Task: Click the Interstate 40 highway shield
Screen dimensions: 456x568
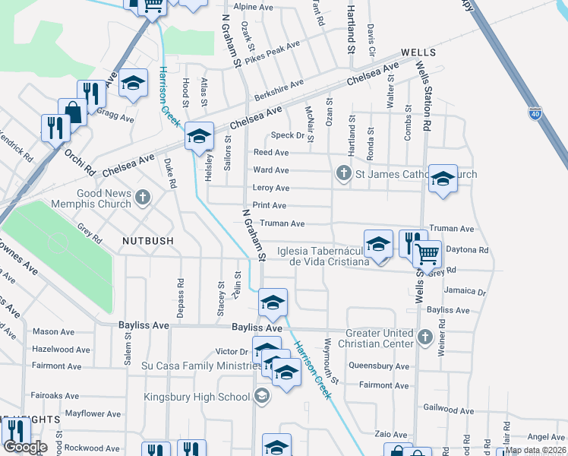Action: click(536, 113)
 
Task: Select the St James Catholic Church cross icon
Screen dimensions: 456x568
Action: click(343, 174)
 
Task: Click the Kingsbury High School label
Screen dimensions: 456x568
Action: click(197, 396)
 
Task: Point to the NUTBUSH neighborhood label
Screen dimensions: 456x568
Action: click(147, 240)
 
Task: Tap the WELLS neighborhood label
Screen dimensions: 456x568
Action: click(418, 52)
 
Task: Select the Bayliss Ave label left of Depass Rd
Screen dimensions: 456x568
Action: click(143, 325)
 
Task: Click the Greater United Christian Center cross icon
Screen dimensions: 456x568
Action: click(425, 335)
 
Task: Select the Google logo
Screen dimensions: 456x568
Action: click(25, 447)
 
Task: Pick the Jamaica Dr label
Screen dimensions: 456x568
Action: click(465, 291)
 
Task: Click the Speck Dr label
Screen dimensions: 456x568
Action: click(288, 135)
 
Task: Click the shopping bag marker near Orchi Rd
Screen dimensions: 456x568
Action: click(73, 112)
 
